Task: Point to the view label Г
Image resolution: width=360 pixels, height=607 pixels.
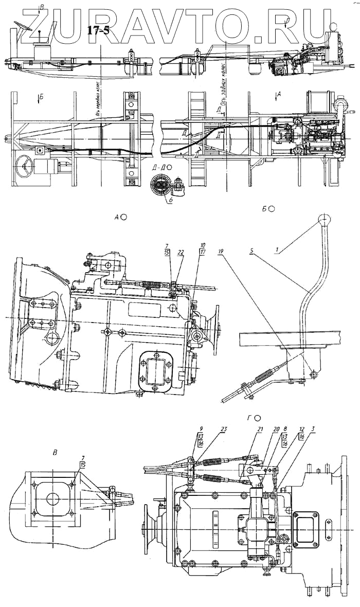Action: (249, 418)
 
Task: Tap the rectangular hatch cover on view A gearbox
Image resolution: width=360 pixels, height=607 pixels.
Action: (155, 369)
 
